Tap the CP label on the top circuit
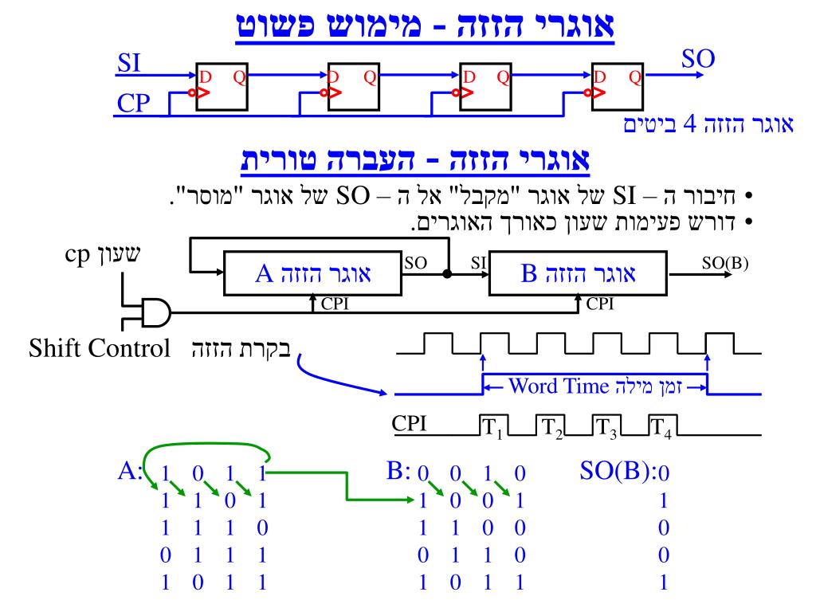129,104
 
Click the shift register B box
578,276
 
